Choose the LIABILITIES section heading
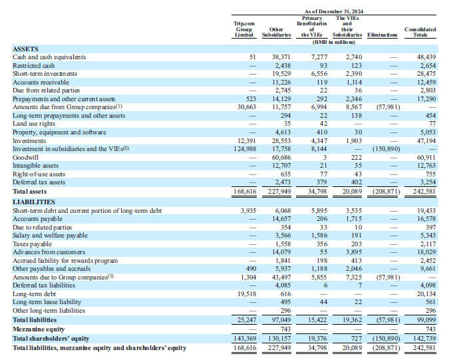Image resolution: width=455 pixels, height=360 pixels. tap(33, 202)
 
